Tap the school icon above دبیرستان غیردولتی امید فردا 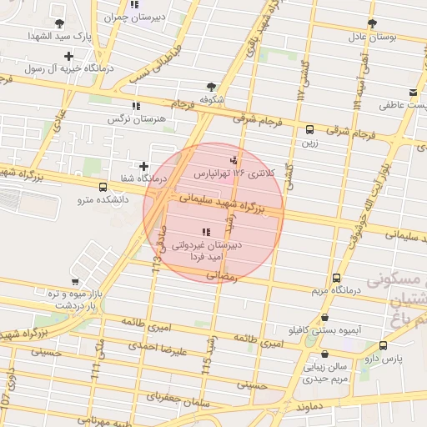point(205,232)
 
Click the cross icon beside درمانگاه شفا point(143,167)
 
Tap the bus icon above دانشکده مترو point(103,188)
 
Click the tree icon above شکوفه point(211,86)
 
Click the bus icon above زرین point(309,129)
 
